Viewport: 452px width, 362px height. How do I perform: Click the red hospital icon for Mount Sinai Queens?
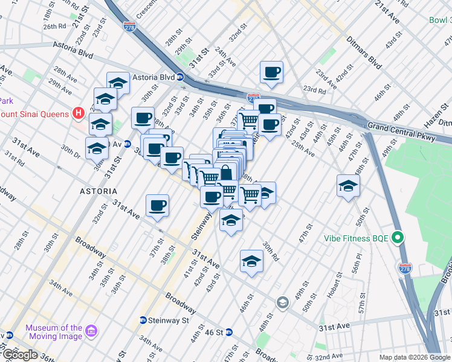[x=78, y=112]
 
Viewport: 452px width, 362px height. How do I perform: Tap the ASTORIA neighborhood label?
[x=98, y=191]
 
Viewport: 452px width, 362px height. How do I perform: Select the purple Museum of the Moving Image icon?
[x=91, y=331]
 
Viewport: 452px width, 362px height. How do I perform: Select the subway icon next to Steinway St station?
[x=143, y=320]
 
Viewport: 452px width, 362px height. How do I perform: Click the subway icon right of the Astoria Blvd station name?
[x=180, y=77]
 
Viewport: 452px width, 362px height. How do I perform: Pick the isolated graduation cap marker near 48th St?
[x=348, y=185]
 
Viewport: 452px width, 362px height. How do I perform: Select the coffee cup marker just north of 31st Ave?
[x=157, y=205]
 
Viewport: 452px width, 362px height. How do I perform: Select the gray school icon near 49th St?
[x=282, y=302]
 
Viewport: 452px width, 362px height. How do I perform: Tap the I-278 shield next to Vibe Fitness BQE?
[x=405, y=268]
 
